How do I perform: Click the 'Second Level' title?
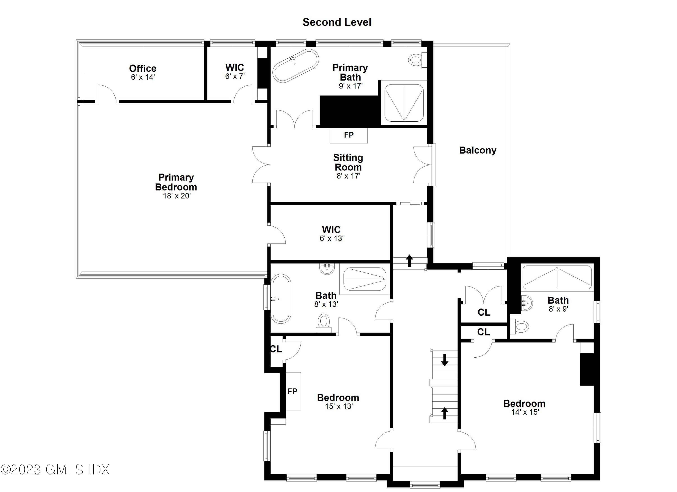coord(337,22)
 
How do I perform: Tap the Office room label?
coord(143,68)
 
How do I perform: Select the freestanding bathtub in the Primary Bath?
coord(296,66)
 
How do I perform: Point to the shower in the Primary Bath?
coord(404,103)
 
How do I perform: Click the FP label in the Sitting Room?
coord(349,135)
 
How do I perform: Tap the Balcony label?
coord(478,150)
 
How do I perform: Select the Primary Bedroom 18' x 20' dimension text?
coord(177,196)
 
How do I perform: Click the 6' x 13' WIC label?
coord(331,234)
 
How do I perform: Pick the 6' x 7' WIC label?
coord(235,72)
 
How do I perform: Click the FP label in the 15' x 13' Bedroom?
coord(292,391)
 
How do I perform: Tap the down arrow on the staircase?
coord(445,360)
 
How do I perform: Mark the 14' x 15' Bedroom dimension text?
coord(525,412)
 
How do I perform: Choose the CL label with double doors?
coord(484,312)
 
